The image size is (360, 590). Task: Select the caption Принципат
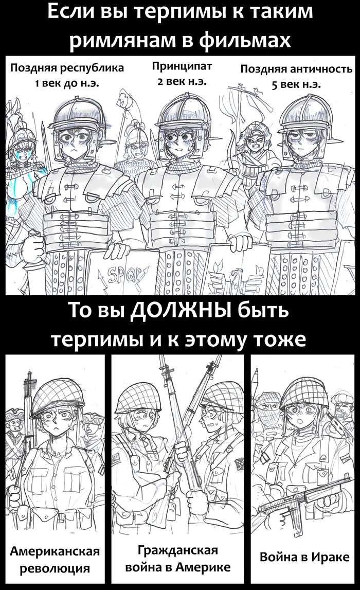point(182,66)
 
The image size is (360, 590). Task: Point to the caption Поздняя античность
point(296,69)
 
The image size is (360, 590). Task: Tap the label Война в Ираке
point(304,557)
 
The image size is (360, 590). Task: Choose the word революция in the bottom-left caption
point(55,568)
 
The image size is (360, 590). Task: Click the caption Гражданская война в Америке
point(178,558)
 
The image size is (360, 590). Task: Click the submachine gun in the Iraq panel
point(301,498)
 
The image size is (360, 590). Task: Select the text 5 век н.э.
point(296,84)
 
